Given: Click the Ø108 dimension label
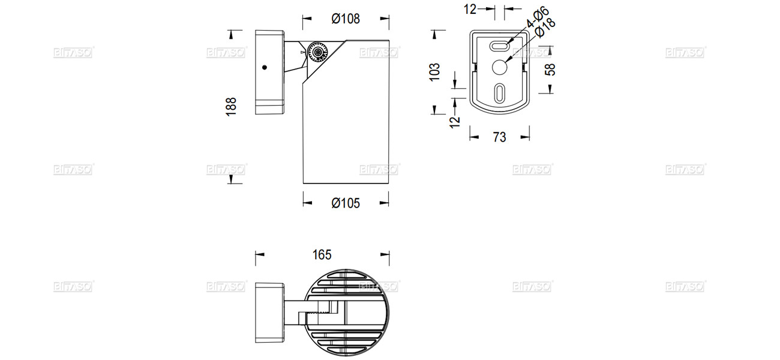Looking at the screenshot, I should click(x=346, y=19).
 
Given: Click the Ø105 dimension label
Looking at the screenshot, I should click(x=346, y=203).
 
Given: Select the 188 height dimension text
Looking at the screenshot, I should click(x=232, y=106).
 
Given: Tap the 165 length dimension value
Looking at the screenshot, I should click(x=322, y=254).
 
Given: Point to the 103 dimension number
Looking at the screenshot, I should click(x=436, y=71).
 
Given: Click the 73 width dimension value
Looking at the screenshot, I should click(x=499, y=137).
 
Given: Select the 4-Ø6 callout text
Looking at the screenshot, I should click(x=538, y=17).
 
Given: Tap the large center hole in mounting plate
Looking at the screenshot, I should click(x=500, y=67).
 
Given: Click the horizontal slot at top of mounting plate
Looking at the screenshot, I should click(x=500, y=46).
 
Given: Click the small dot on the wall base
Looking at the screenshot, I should click(x=264, y=68).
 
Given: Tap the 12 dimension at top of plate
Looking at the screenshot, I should click(x=470, y=8).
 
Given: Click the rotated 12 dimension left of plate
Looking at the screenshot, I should click(x=455, y=119).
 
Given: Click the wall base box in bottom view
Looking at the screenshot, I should click(x=269, y=313).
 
